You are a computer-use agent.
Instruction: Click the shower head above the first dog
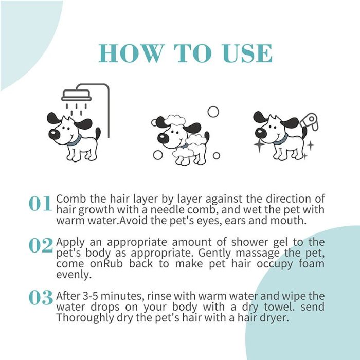click(x=76, y=96)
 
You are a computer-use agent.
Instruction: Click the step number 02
click(x=40, y=246)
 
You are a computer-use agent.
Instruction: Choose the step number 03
click(x=40, y=298)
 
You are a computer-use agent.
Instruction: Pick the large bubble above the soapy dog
click(x=212, y=112)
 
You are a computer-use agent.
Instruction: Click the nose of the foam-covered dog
click(x=163, y=138)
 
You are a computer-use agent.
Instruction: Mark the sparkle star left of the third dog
click(x=259, y=146)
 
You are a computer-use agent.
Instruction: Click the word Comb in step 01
click(x=68, y=199)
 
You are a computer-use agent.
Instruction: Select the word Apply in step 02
click(x=69, y=242)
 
